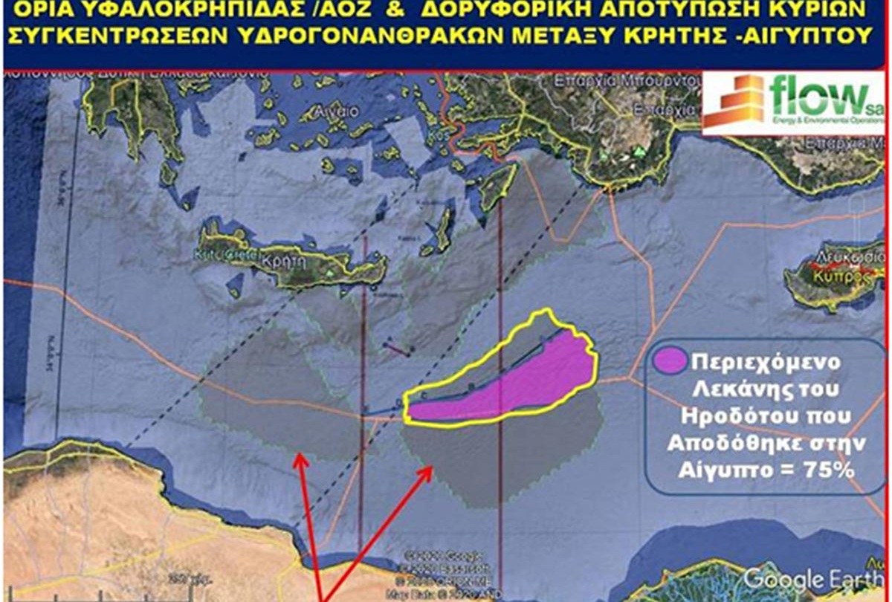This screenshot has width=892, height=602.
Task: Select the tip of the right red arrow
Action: pyautogui.click(x=433, y=468)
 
